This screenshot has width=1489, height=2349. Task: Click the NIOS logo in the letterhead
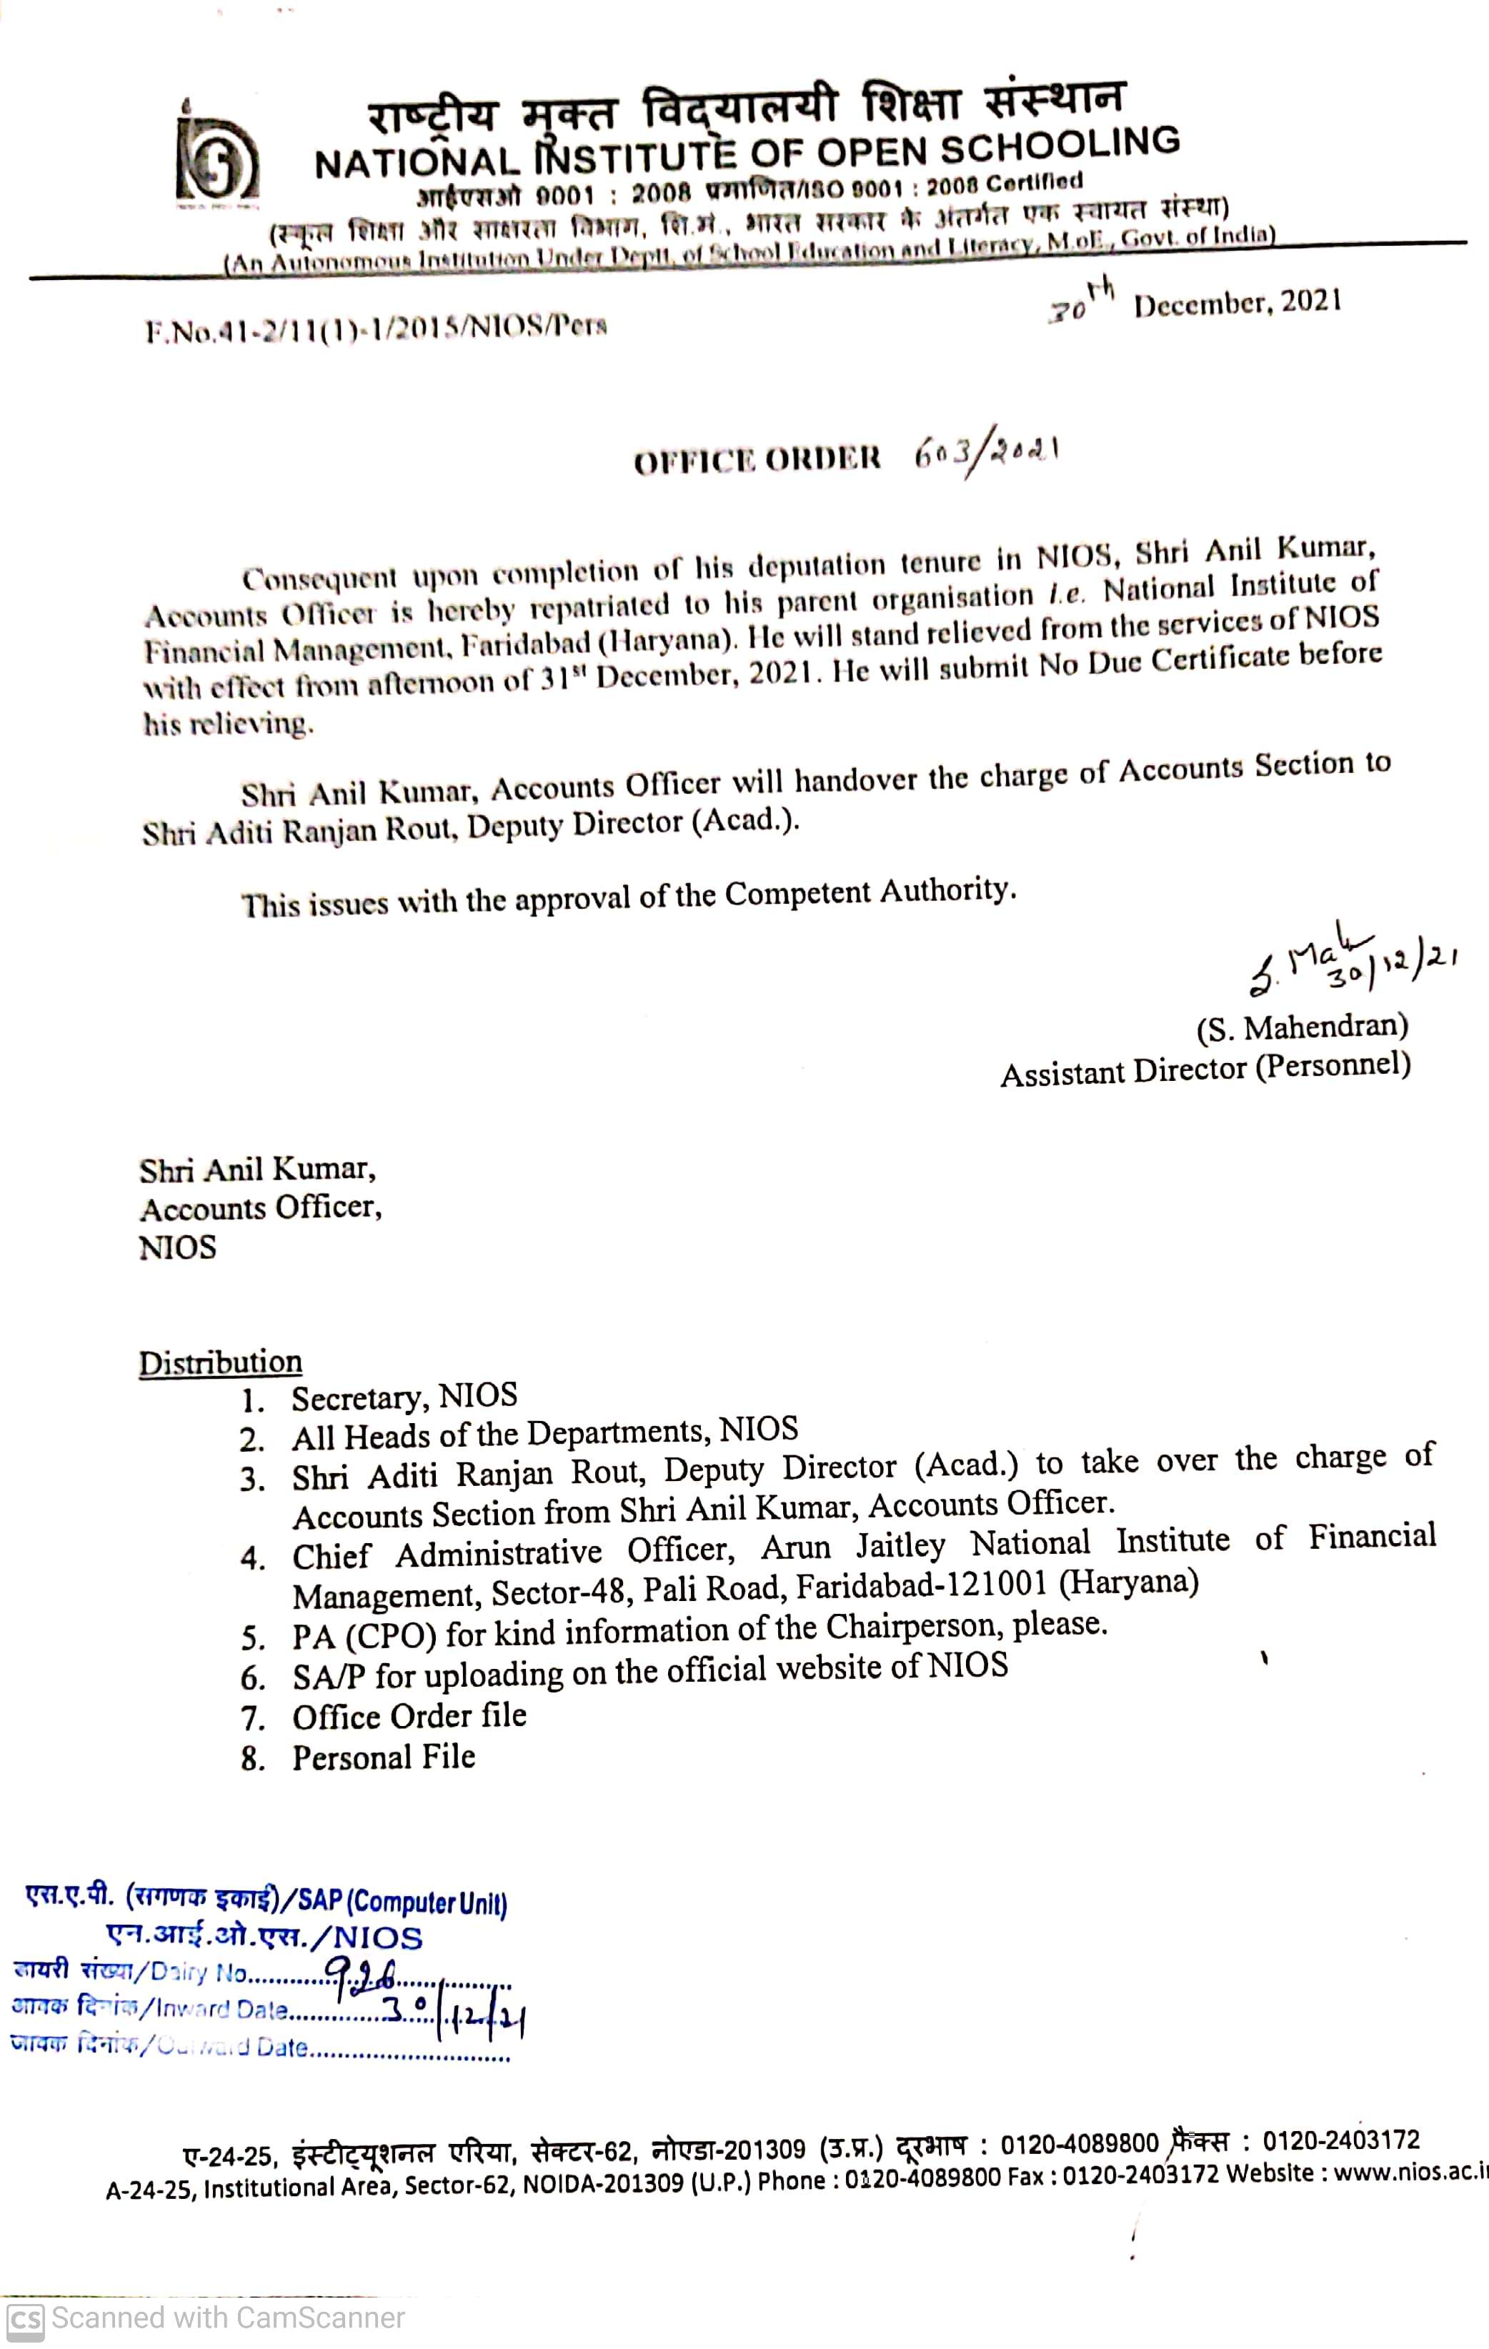point(216,160)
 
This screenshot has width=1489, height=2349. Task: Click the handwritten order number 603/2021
point(985,454)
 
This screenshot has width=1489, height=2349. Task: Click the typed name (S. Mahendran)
point(1302,1026)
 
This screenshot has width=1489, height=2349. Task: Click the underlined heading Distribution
point(221,1362)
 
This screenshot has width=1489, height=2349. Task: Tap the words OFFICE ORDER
point(757,459)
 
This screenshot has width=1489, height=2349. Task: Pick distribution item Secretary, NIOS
point(404,1397)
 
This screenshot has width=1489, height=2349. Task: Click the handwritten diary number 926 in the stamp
point(360,1973)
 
